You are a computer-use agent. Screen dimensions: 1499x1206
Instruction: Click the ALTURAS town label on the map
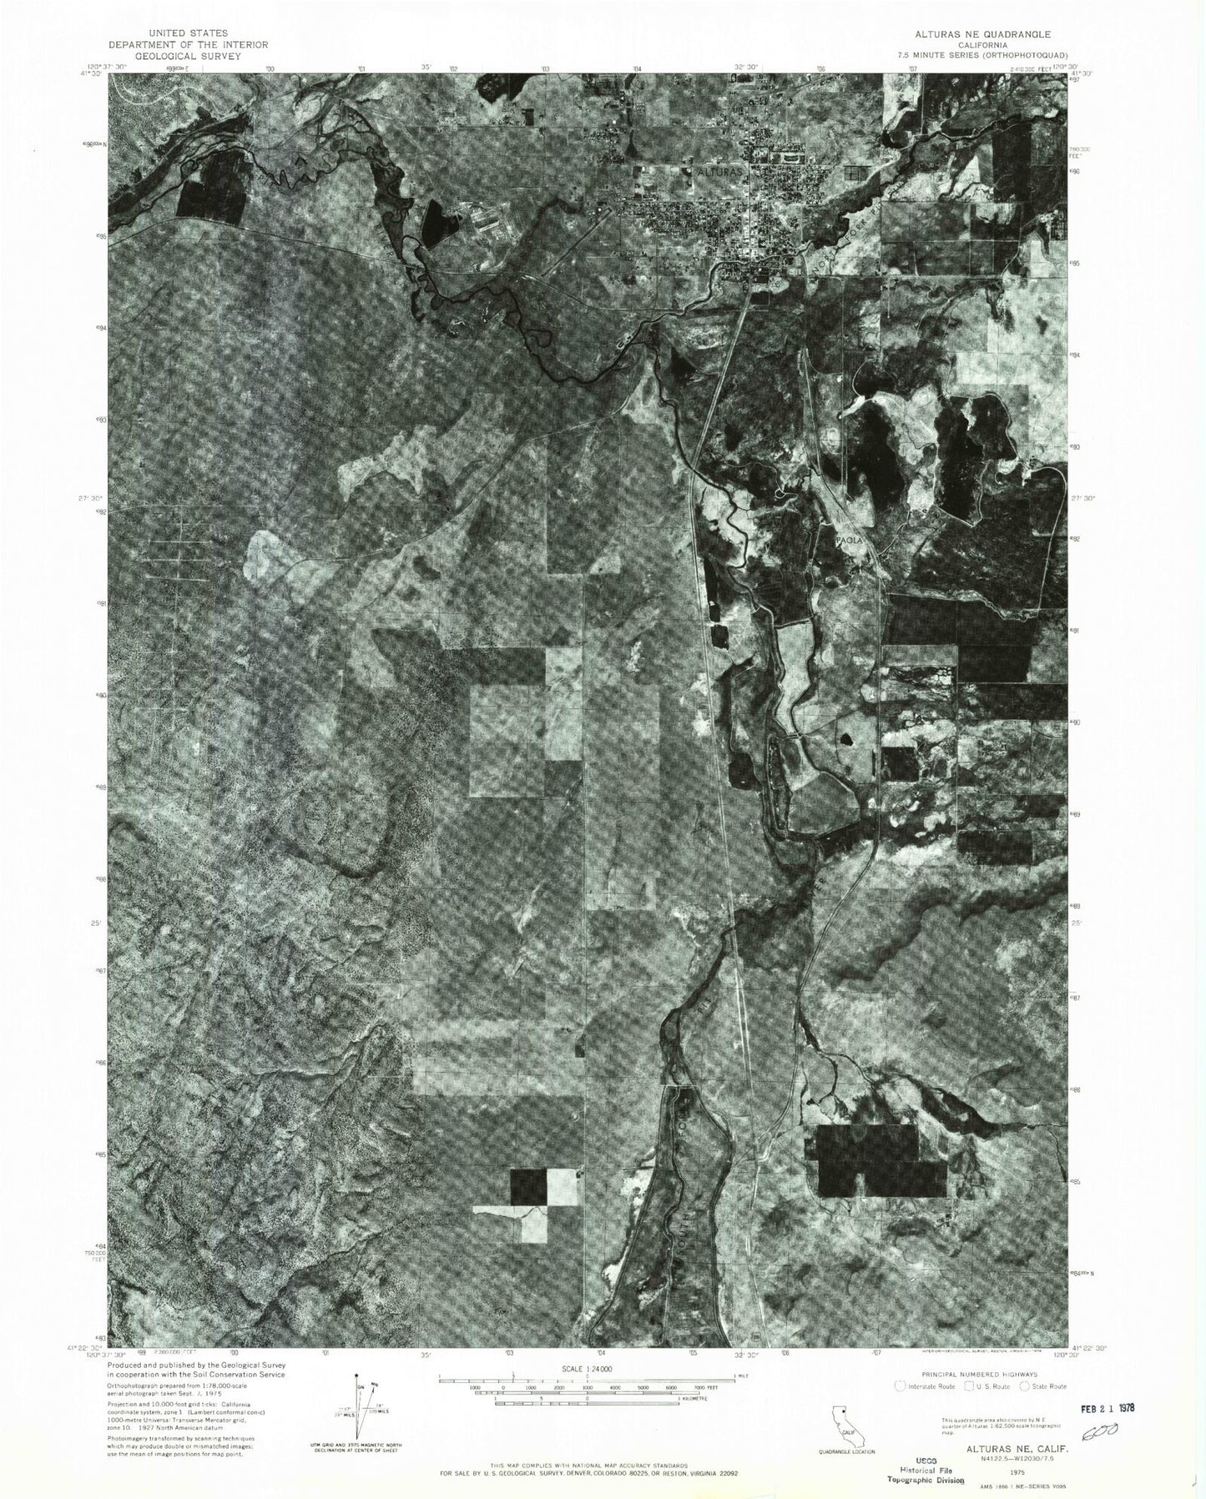pos(722,172)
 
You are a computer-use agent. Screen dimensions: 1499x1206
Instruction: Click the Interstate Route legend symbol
pos(899,1386)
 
